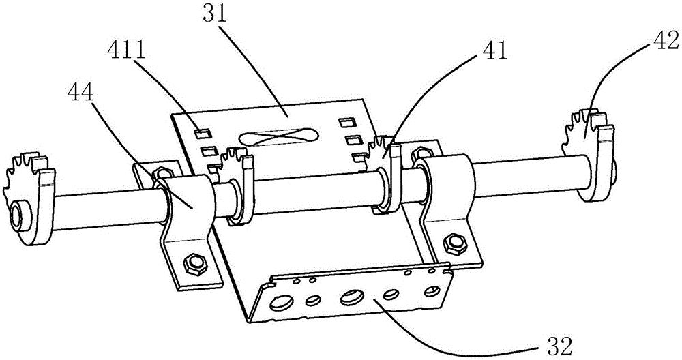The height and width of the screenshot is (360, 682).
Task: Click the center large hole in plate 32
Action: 353,297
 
